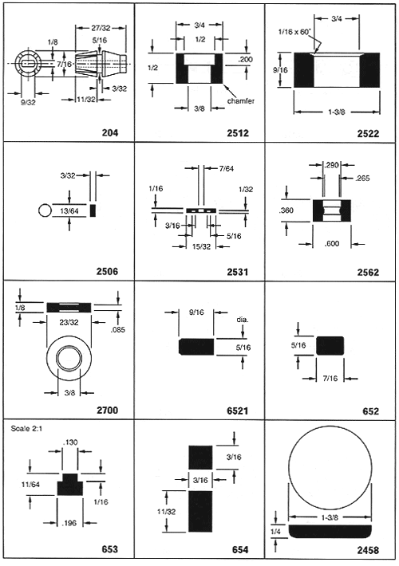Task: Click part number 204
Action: [x=110, y=133]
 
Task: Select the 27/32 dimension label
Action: [x=101, y=28]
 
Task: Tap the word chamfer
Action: [x=240, y=100]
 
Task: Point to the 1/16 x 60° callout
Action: [x=294, y=32]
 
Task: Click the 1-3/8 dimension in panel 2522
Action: [x=337, y=112]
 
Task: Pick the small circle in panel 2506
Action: [x=45, y=210]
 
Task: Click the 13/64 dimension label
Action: [x=69, y=210]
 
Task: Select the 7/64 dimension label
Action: [x=227, y=168]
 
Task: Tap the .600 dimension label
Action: [x=331, y=244]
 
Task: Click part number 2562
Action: [x=369, y=272]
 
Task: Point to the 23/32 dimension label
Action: [x=69, y=322]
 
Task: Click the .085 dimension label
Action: [x=117, y=329]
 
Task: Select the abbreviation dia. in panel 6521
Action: [x=243, y=320]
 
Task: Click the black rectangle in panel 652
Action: [x=330, y=345]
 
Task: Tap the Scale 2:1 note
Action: [x=27, y=429]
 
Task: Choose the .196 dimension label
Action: [x=69, y=523]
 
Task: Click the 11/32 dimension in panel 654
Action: [x=166, y=512]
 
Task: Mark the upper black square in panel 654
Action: [x=200, y=458]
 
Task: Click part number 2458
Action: [x=369, y=550]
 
